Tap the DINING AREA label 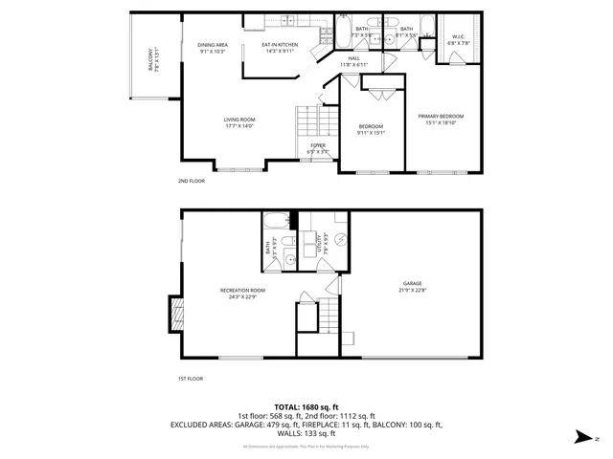point(213,45)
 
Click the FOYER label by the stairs point(317,145)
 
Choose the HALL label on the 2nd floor point(353,58)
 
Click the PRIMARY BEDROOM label point(441,117)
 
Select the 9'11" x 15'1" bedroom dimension point(371,133)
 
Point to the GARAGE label point(413,284)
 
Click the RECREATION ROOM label point(242,290)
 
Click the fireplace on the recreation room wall point(175,312)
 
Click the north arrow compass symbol point(584,435)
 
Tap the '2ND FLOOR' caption point(191,181)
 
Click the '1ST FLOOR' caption point(191,379)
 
